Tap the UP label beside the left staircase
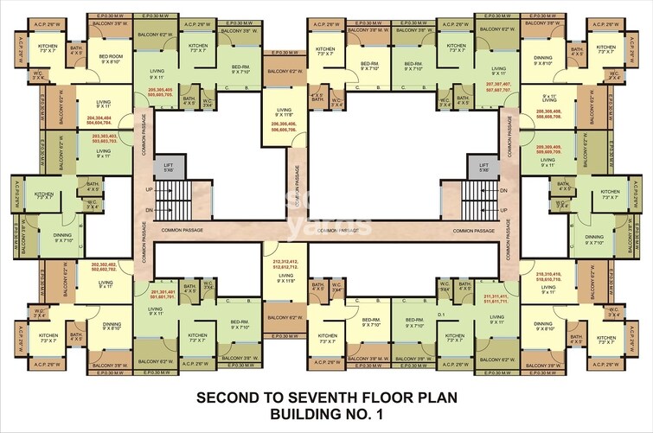tap(149, 189)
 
